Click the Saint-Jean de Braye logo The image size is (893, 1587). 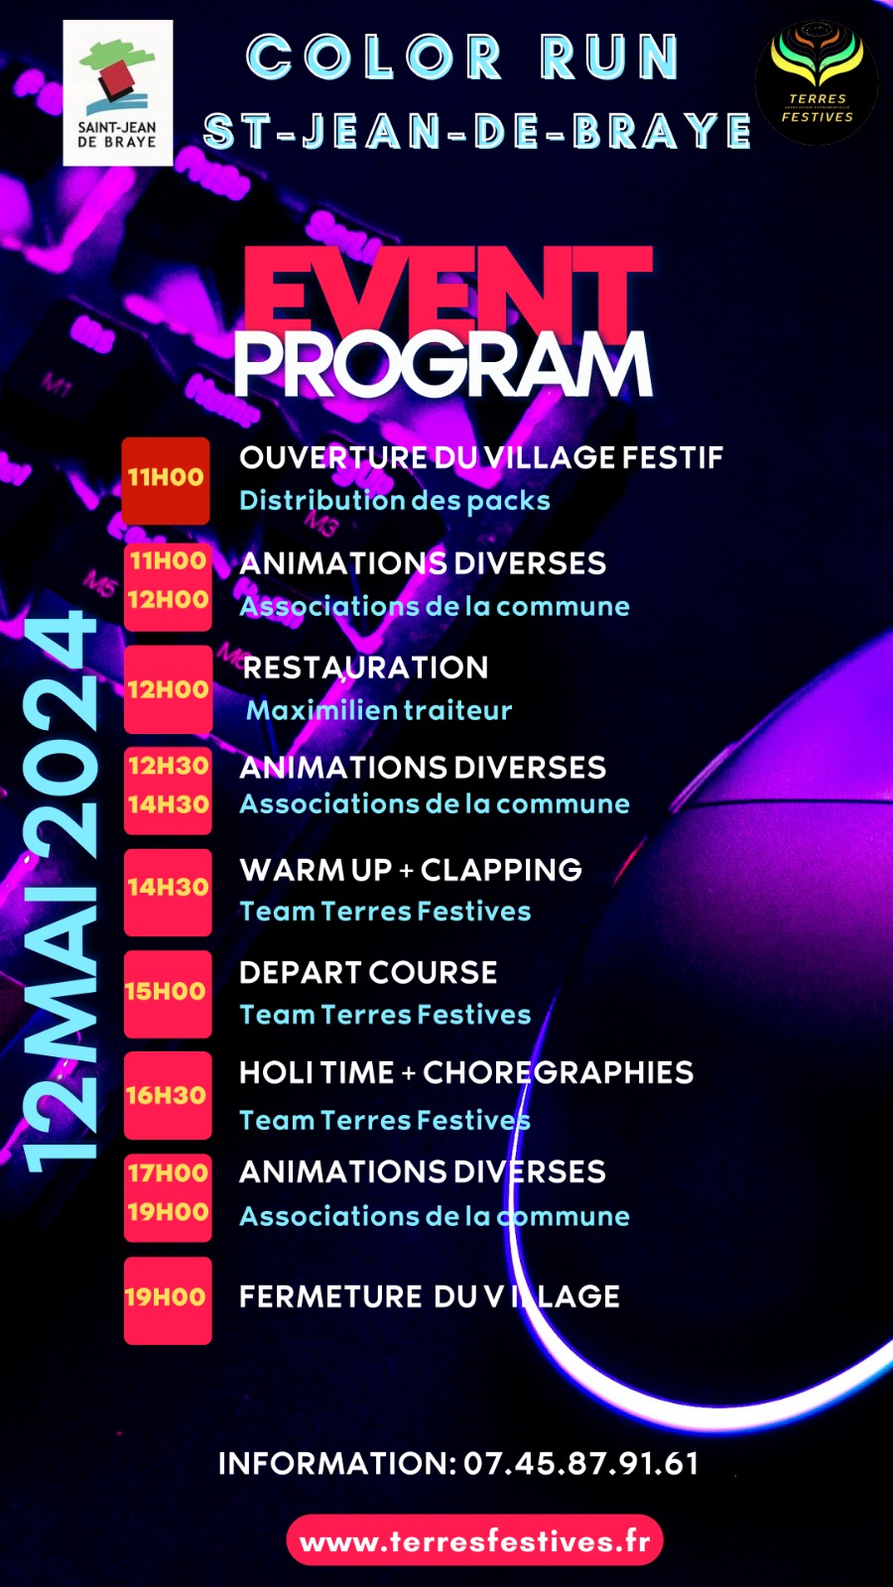point(118,93)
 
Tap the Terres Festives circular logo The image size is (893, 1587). point(817,81)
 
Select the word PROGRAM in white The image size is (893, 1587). point(444,365)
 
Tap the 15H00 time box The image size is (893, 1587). point(168,994)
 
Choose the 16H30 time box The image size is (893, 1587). point(168,1095)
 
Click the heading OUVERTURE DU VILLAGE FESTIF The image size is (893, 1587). point(481,457)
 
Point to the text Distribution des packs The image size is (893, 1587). point(395,500)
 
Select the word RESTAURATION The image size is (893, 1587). point(365,668)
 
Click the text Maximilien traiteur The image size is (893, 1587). point(379,710)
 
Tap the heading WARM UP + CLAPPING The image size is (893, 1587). point(411,870)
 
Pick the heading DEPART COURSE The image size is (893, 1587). point(368,973)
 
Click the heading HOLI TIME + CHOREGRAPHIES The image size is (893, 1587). point(466,1072)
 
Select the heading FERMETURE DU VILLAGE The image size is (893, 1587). point(430,1296)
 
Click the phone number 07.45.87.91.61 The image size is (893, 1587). point(581,1464)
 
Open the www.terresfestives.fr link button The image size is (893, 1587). point(475,1540)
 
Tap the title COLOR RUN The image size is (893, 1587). point(463,57)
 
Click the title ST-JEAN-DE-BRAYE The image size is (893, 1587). point(477,131)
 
